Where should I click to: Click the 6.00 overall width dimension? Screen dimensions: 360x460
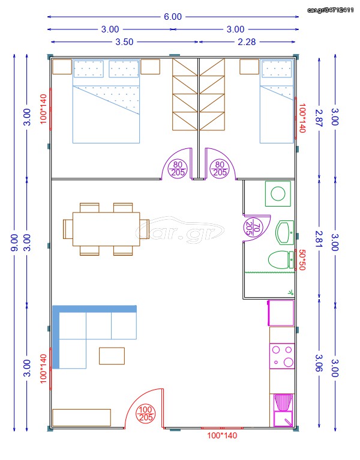(x=173, y=17)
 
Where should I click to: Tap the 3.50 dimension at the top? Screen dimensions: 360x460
(x=124, y=42)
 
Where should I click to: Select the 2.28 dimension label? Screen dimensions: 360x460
(x=247, y=42)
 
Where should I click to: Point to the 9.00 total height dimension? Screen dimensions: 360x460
(x=14, y=243)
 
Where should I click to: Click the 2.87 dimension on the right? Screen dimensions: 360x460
(x=319, y=118)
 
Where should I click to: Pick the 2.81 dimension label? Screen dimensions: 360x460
(x=319, y=239)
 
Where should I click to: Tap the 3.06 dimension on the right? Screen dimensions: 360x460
(x=319, y=363)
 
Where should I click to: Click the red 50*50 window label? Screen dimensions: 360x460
(x=302, y=259)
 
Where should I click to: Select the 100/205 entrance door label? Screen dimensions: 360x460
(x=146, y=413)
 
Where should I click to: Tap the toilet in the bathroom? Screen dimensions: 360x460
(x=281, y=259)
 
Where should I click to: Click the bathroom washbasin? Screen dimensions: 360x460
(x=284, y=233)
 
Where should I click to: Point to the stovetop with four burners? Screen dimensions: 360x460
(x=282, y=356)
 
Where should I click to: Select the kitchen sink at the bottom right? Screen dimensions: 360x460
(x=283, y=410)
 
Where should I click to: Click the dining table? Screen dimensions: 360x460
(x=106, y=229)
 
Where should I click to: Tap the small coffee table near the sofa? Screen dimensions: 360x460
(x=112, y=356)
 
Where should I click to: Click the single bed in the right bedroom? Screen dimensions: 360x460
(x=277, y=101)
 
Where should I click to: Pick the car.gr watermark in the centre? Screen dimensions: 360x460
(x=180, y=230)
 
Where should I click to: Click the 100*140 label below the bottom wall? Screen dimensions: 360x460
(x=222, y=435)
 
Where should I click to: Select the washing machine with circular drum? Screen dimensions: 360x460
(x=278, y=193)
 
